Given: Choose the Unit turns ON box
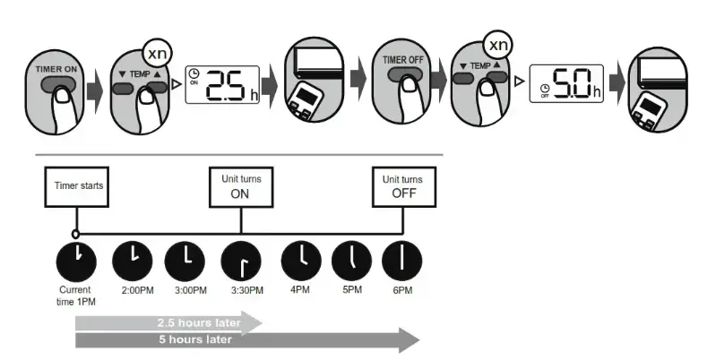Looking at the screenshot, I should coord(241,187).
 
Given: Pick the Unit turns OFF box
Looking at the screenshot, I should coord(403,187).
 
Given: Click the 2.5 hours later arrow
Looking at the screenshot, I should coord(170,321).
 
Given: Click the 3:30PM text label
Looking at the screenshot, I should coord(242,291).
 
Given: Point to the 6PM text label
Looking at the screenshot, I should coord(402,291).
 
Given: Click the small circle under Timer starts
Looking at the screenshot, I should coord(77,235).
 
